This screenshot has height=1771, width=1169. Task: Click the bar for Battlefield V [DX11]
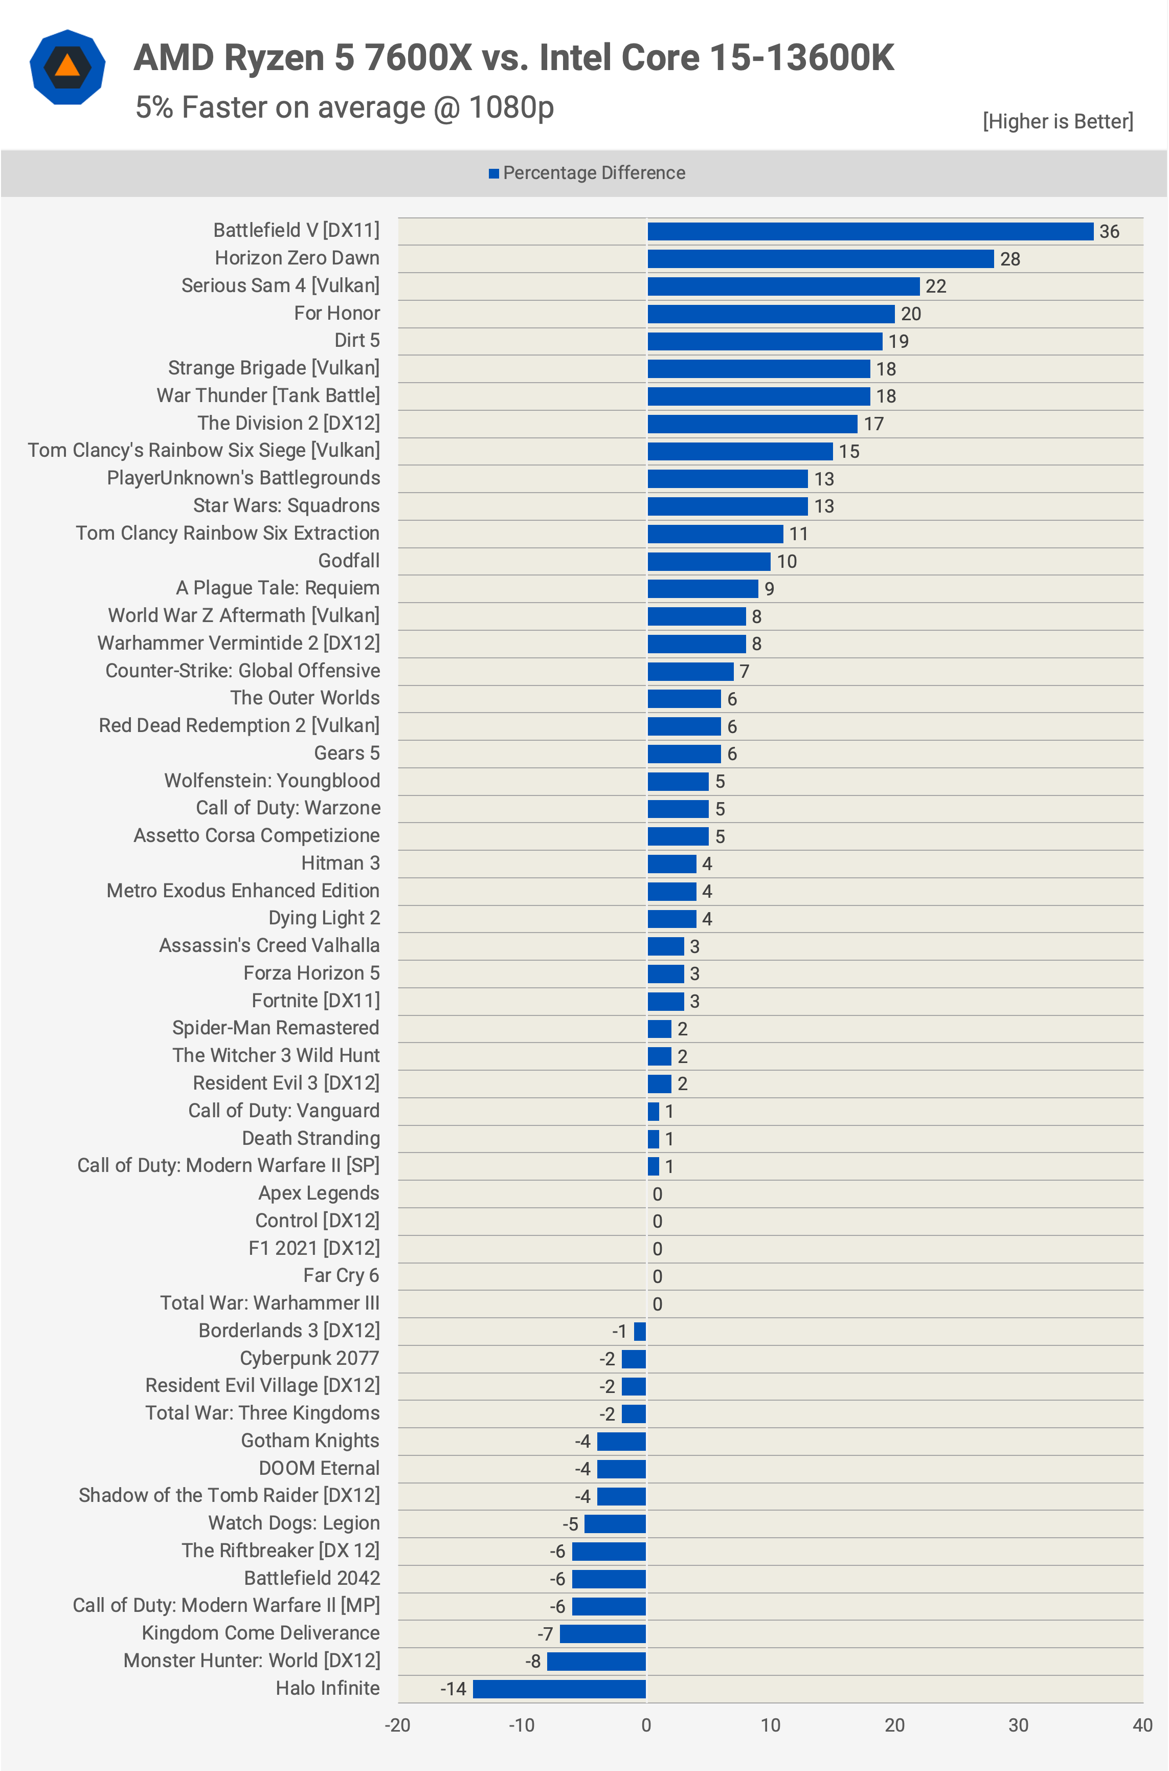pyautogui.click(x=869, y=231)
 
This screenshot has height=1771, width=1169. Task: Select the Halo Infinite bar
pyautogui.click(x=559, y=1688)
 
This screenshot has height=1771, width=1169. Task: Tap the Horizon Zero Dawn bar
pyautogui.click(x=820, y=259)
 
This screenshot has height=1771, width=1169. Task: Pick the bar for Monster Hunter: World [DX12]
pyautogui.click(x=596, y=1661)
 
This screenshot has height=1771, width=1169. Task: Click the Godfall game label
pyautogui.click(x=348, y=561)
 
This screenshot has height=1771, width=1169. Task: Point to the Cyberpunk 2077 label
pyautogui.click(x=309, y=1358)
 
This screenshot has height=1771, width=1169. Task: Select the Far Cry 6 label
pyautogui.click(x=341, y=1275)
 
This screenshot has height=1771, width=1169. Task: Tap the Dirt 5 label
pyautogui.click(x=356, y=340)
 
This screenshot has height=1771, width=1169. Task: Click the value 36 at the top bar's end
pyautogui.click(x=1109, y=232)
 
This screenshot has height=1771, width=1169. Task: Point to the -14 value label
pyautogui.click(x=453, y=1689)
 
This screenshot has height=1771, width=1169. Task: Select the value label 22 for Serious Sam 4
pyautogui.click(x=936, y=286)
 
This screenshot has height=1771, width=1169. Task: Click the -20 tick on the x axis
pyautogui.click(x=397, y=1725)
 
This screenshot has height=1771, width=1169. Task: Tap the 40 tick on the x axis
pyautogui.click(x=1142, y=1725)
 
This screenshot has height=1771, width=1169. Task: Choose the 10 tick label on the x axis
pyautogui.click(x=770, y=1725)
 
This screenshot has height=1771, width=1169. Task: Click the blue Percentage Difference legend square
pyautogui.click(x=493, y=174)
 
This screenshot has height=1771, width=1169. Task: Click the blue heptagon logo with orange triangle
pyautogui.click(x=67, y=67)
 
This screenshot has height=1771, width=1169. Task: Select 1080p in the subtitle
pyautogui.click(x=511, y=108)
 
